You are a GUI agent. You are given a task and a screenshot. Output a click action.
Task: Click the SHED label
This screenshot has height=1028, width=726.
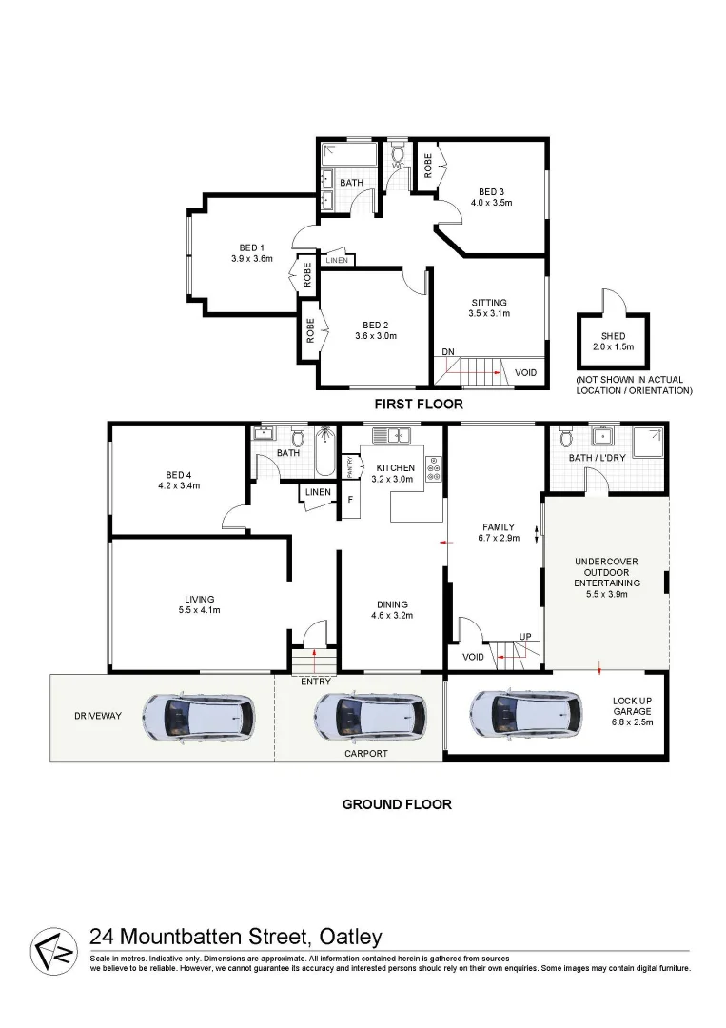613,335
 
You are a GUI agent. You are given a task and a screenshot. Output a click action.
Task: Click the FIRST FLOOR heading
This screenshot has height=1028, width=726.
418,404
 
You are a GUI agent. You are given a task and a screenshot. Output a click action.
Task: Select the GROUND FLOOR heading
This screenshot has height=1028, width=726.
397,804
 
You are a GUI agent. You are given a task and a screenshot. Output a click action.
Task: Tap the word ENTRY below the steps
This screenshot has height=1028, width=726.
315,682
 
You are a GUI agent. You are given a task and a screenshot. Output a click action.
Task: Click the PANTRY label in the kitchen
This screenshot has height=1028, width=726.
349,467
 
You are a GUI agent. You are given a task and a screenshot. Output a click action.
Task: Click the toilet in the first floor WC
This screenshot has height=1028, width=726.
398,152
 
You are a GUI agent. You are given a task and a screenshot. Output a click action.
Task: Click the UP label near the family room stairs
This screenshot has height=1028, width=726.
524,636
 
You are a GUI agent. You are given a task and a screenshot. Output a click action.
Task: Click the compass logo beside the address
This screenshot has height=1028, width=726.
54,949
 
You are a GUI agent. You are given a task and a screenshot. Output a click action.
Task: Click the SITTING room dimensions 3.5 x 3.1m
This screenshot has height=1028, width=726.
489,313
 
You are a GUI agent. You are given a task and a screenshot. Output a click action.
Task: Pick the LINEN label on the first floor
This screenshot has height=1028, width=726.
336,260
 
